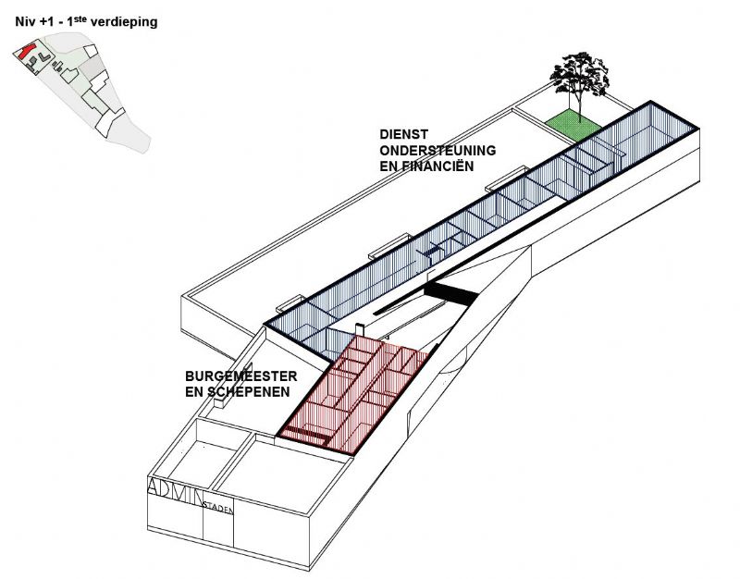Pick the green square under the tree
point(570,122)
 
